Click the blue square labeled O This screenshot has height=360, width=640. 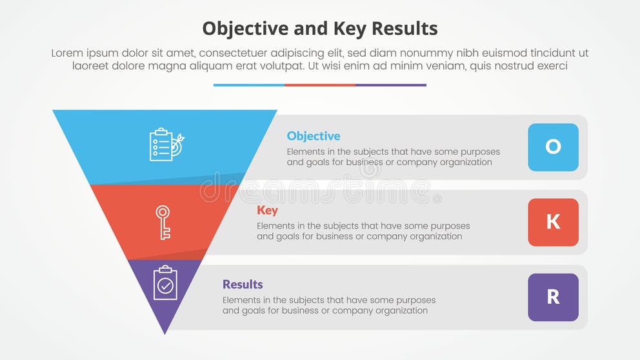click(x=553, y=147)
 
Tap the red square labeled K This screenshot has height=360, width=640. click(x=553, y=222)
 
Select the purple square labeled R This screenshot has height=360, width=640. click(x=553, y=297)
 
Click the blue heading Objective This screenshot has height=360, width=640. click(x=314, y=136)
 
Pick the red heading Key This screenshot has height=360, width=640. click(x=267, y=210)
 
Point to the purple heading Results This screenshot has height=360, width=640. click(x=243, y=285)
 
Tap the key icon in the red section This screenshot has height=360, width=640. click(x=163, y=223)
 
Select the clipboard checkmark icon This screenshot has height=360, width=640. click(x=165, y=283)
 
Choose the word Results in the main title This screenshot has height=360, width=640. click(x=404, y=28)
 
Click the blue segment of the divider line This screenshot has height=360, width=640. click(x=249, y=85)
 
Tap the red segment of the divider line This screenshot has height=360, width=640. click(x=320, y=85)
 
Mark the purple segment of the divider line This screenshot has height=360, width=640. click(x=391, y=85)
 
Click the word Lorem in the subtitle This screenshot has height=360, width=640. click(x=68, y=54)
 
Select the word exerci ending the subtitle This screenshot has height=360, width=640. click(x=550, y=66)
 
